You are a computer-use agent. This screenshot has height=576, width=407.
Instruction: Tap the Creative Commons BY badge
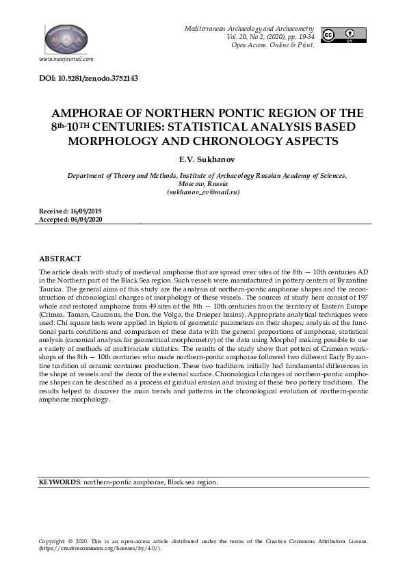click(x=343, y=35)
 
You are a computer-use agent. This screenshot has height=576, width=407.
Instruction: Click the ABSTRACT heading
click(x=60, y=259)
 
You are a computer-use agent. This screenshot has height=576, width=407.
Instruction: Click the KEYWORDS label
click(x=60, y=482)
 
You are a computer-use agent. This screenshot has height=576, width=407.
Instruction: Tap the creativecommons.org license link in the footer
click(x=99, y=548)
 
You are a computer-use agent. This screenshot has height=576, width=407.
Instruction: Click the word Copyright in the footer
click(x=51, y=541)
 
